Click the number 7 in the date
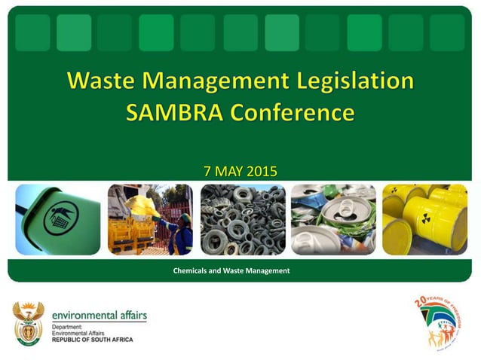[208, 172]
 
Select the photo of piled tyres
[243, 220]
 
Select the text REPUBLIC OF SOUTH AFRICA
[92, 340]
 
